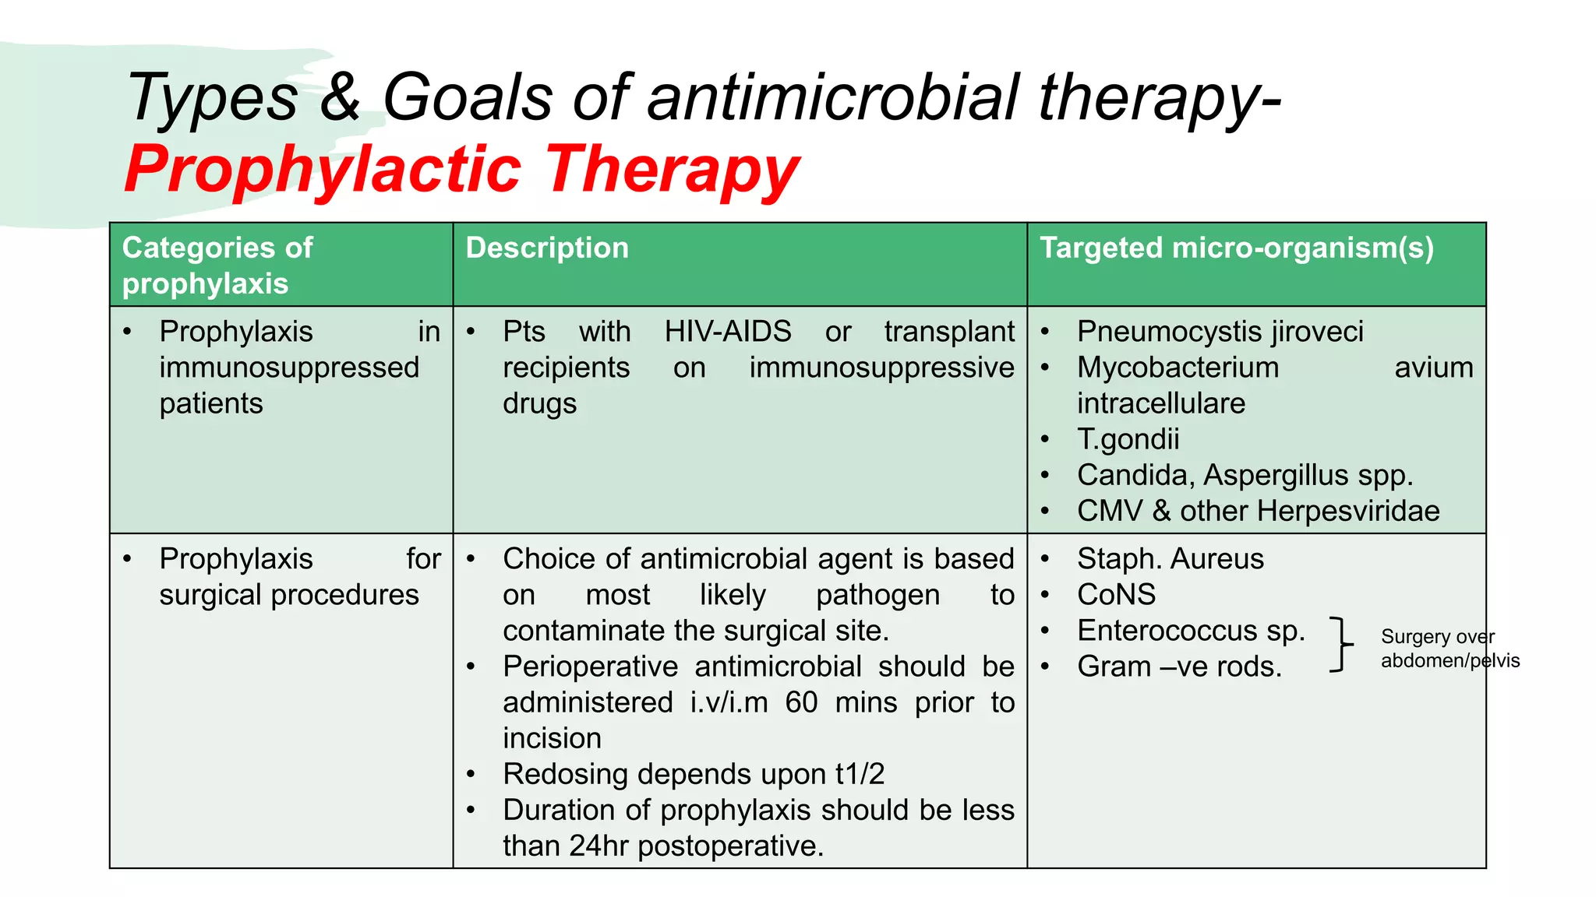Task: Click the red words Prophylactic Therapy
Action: click(461, 170)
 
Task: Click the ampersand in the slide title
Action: click(340, 97)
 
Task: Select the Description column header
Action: click(547, 248)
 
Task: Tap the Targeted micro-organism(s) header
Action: click(1236, 248)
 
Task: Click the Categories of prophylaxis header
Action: click(217, 266)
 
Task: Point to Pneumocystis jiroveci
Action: click(1220, 332)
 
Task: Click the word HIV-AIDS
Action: click(727, 332)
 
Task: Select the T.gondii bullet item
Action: click(1128, 439)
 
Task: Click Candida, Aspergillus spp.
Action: click(1244, 475)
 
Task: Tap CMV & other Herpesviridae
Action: click(1257, 511)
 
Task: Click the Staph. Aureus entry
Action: click(1170, 559)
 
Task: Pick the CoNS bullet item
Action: click(1116, 595)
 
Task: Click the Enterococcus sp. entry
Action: click(1190, 631)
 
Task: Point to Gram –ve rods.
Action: click(1178, 667)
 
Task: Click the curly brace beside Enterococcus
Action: click(1341, 645)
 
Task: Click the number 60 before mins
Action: click(800, 702)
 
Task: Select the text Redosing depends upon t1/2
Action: click(693, 774)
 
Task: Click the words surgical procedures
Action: click(289, 595)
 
